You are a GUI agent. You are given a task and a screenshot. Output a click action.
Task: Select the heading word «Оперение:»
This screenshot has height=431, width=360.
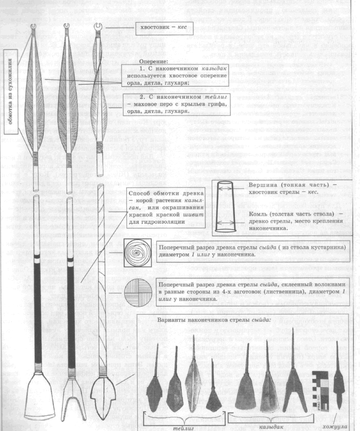[x=154, y=62]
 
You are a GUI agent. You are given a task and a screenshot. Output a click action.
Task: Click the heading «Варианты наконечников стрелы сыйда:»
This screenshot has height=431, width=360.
[x=232, y=319]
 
